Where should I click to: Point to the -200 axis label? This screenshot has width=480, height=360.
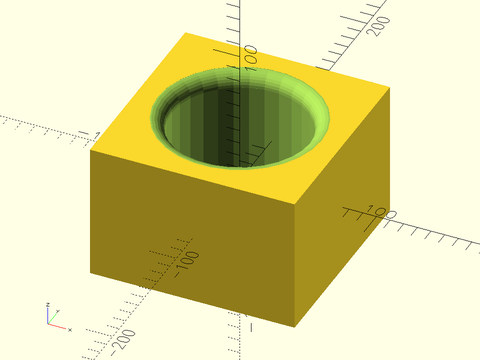(x=124, y=341)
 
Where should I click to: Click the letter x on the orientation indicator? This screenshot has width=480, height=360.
(x=70, y=329)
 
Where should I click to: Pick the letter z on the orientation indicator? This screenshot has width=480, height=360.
(x=47, y=304)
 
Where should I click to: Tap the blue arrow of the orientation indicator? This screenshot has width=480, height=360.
(x=48, y=315)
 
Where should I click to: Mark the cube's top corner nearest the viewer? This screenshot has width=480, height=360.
(x=298, y=206)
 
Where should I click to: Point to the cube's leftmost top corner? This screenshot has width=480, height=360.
(x=90, y=150)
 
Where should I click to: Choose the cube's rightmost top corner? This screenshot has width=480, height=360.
(x=388, y=87)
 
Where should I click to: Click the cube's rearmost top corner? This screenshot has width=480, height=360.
(x=186, y=33)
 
